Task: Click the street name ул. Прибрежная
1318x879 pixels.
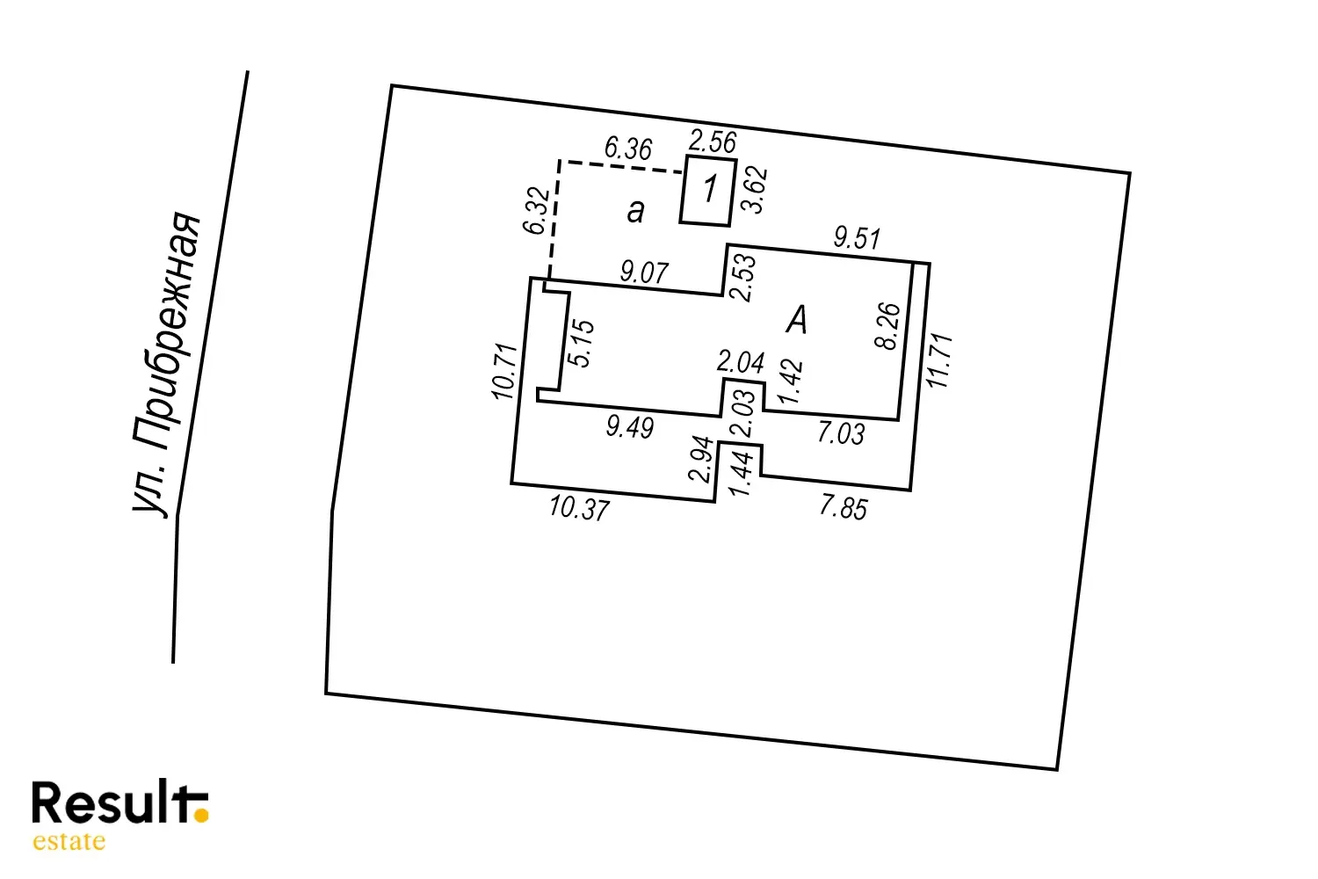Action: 168,363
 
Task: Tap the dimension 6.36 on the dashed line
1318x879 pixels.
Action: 628,149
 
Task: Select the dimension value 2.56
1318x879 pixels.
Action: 712,142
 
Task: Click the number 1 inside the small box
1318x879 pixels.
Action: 710,189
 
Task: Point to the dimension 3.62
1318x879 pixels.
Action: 755,190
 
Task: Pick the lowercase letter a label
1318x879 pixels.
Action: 635,211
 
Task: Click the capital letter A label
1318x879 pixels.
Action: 796,320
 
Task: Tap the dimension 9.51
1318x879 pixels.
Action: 857,237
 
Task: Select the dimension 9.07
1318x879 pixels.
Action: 644,272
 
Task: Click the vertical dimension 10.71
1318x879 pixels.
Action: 506,371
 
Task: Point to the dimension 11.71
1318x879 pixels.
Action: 939,360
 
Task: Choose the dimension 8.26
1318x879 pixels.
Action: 888,326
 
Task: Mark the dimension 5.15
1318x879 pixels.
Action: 581,343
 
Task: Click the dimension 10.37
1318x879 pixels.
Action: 579,508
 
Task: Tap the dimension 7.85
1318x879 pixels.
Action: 844,507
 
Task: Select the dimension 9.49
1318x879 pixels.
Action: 630,427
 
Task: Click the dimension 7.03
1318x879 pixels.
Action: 841,432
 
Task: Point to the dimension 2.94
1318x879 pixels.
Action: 701,459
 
